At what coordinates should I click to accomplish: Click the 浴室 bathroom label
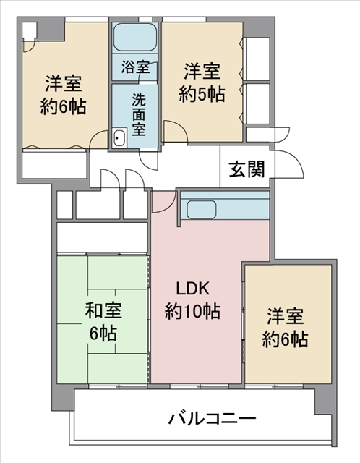click(135, 67)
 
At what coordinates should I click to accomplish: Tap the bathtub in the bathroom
click(135, 37)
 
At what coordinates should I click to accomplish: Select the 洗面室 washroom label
click(138, 114)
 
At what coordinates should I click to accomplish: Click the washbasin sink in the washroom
click(119, 137)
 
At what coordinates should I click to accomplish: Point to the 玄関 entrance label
click(247, 169)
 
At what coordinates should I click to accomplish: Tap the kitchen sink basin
click(202, 209)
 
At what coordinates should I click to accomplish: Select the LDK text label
click(193, 289)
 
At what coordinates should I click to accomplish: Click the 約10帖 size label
click(192, 311)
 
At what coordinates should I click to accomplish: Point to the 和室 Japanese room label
click(103, 310)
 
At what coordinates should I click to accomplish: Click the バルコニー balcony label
click(212, 418)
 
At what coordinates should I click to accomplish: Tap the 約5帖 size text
click(202, 94)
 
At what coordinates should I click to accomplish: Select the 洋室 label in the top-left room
click(64, 83)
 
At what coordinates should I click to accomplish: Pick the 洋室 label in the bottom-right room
click(285, 316)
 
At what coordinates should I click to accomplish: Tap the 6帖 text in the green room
click(103, 334)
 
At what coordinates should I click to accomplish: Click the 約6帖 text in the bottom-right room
click(285, 339)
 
